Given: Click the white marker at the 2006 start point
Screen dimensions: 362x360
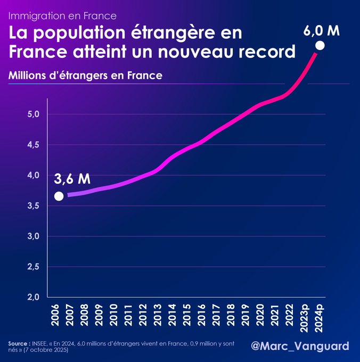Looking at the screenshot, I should [59, 196].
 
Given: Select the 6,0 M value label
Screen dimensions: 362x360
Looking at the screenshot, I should [321, 30].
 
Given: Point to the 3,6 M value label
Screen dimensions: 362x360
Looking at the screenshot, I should [72, 179].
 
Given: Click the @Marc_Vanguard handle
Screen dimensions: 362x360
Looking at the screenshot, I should [300, 347].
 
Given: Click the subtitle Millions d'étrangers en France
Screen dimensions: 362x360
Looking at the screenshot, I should [85, 76].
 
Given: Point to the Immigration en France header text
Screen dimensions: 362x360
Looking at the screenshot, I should [62, 15].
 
